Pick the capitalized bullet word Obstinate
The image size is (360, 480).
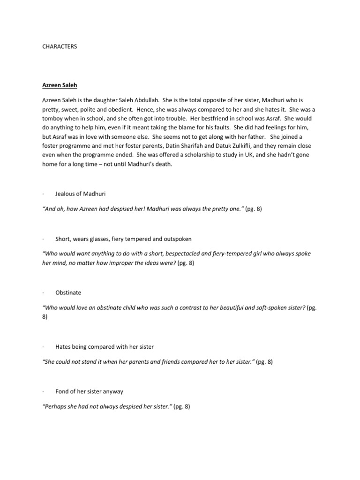coord(68,292)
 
